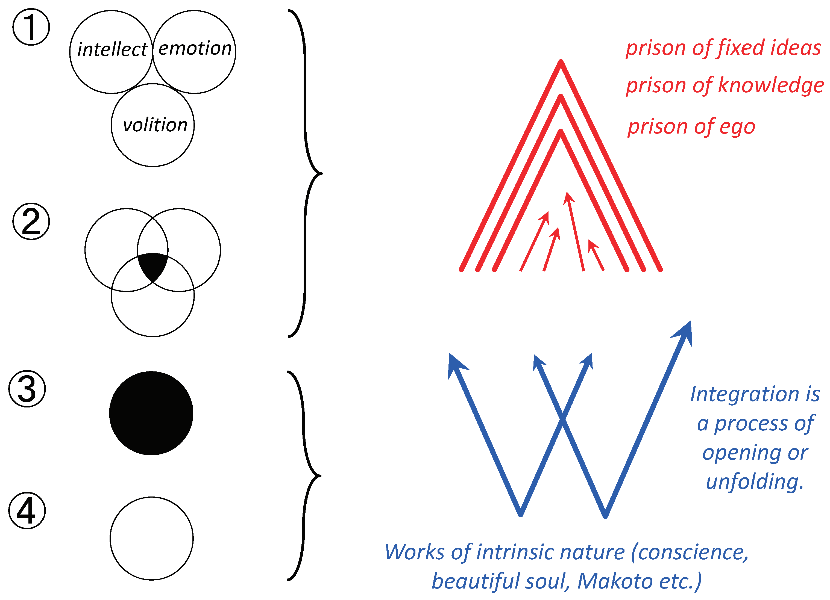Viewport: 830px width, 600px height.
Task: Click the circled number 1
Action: (31, 27)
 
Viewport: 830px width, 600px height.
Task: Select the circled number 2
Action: (31, 221)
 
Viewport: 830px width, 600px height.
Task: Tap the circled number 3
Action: (27, 389)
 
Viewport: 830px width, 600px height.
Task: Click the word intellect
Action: (112, 49)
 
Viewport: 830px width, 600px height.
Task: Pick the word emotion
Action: (195, 48)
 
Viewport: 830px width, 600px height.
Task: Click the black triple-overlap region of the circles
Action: (152, 265)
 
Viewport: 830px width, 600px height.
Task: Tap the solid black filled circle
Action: (151, 413)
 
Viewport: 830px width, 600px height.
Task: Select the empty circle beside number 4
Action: (151, 538)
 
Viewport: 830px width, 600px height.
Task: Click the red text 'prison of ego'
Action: (691, 127)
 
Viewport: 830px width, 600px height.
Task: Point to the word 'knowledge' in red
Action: (771, 85)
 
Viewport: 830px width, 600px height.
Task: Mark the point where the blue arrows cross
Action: (563, 419)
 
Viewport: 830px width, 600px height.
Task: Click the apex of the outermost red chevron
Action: (561, 62)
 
